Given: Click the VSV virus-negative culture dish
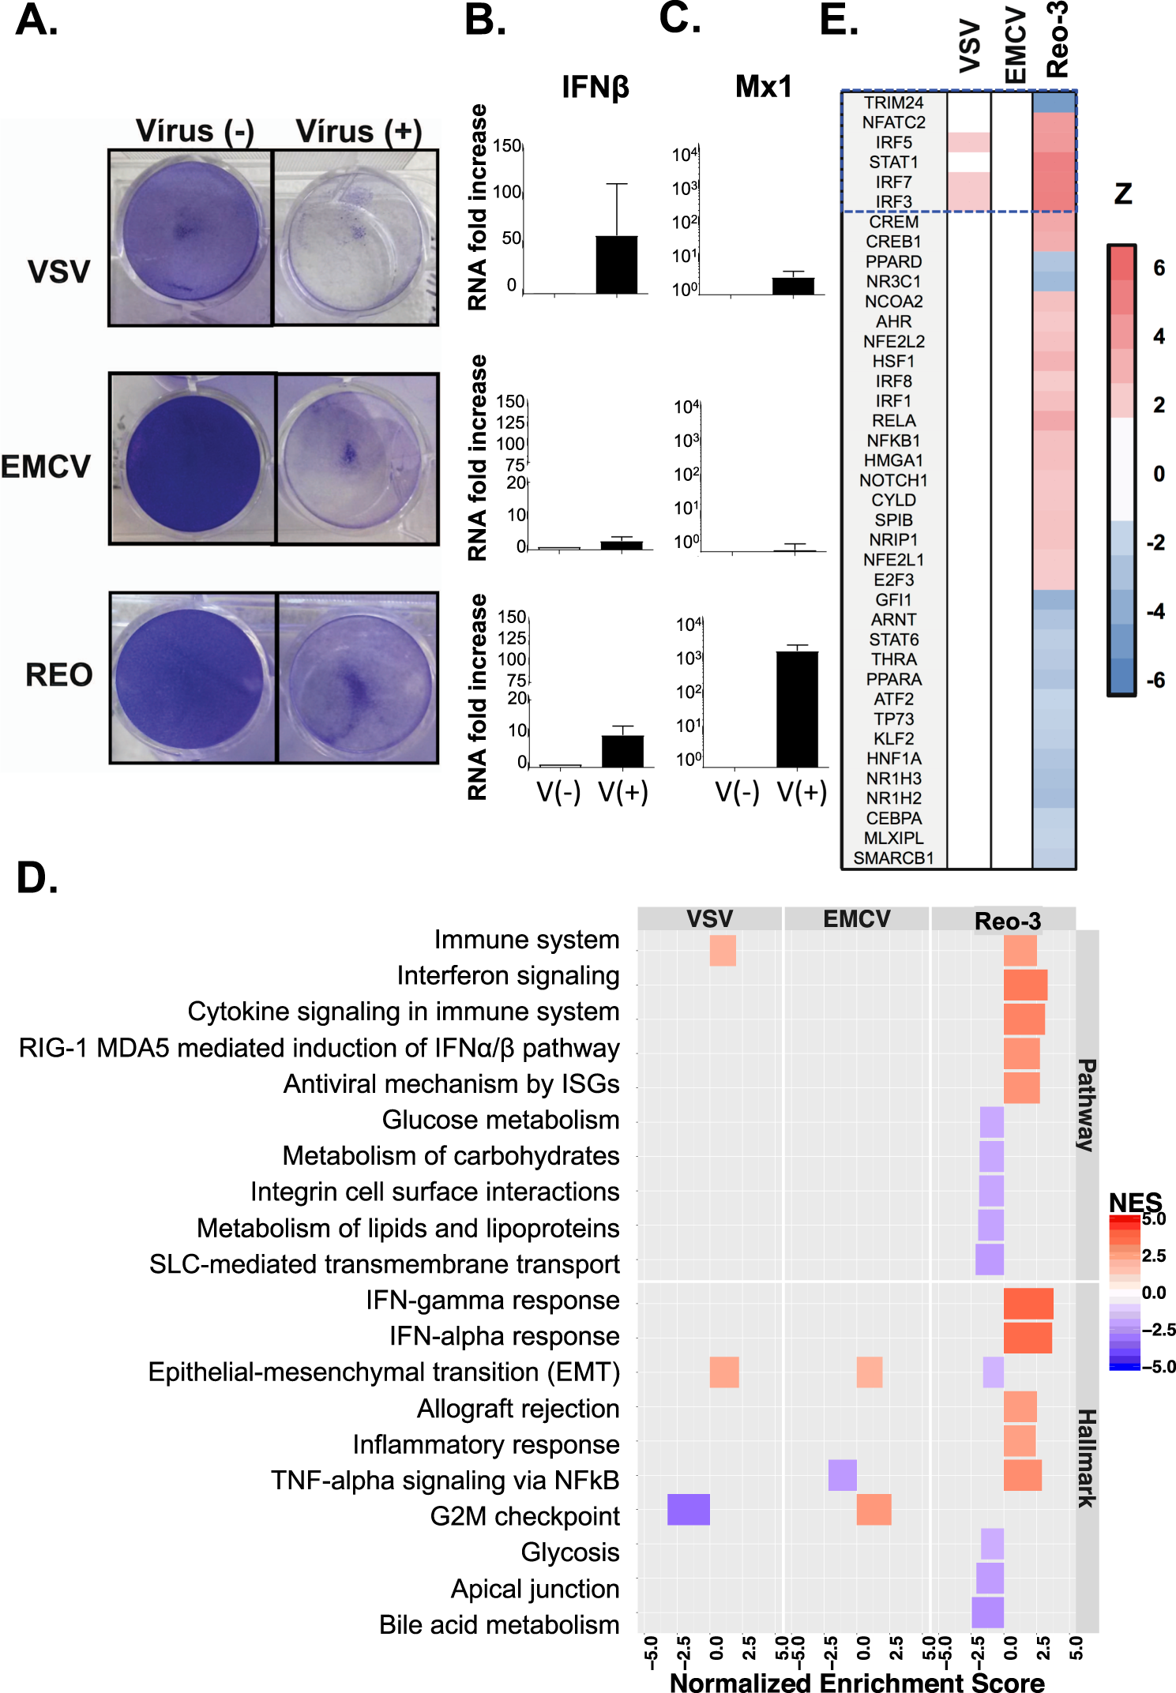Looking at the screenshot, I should (x=191, y=237).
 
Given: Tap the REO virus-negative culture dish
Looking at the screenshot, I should (x=193, y=678).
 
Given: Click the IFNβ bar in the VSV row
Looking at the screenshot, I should (x=616, y=265).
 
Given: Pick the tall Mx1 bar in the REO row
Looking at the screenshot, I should (x=797, y=708).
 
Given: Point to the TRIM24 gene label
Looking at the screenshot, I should (x=893, y=103).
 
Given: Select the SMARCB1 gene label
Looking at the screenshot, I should (x=893, y=858).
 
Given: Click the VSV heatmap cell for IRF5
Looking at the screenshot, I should (x=968, y=142).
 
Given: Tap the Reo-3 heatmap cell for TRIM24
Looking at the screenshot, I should (x=1054, y=103).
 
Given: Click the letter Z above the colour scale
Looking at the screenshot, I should (x=1122, y=194).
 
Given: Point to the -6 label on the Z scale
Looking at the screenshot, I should (x=1155, y=680).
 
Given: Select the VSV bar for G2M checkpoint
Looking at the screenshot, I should (x=688, y=1509).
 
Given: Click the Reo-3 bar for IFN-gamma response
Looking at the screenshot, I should (x=1028, y=1303).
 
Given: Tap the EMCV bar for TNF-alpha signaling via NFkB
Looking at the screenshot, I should (x=842, y=1474).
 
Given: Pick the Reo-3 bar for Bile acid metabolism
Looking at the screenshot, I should (x=987, y=1612).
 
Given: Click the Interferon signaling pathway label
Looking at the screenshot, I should (x=508, y=976).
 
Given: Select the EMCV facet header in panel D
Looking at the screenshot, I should (x=856, y=919).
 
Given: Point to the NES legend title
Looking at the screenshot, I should (x=1135, y=1202).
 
